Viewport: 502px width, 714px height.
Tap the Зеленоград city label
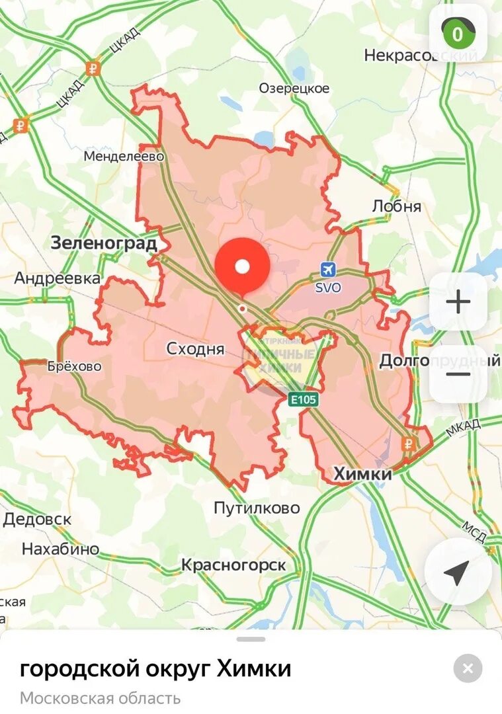(105, 243)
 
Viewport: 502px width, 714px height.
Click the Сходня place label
(195, 348)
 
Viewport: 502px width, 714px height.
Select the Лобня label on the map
(397, 206)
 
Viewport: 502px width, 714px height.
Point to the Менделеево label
(124, 156)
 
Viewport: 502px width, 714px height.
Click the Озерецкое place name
(294, 88)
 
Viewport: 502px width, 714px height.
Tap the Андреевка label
(58, 278)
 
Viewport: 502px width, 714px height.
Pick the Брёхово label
(75, 366)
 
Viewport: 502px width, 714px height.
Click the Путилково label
(257, 508)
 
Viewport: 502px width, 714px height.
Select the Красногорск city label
(233, 565)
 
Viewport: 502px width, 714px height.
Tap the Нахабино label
(60, 549)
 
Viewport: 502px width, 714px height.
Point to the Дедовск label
(37, 519)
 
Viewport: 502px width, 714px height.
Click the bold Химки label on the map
(363, 473)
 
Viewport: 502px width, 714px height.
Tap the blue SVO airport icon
(327, 269)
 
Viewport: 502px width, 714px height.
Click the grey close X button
(468, 668)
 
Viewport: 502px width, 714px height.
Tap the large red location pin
(243, 266)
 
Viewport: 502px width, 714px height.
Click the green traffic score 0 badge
(458, 34)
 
